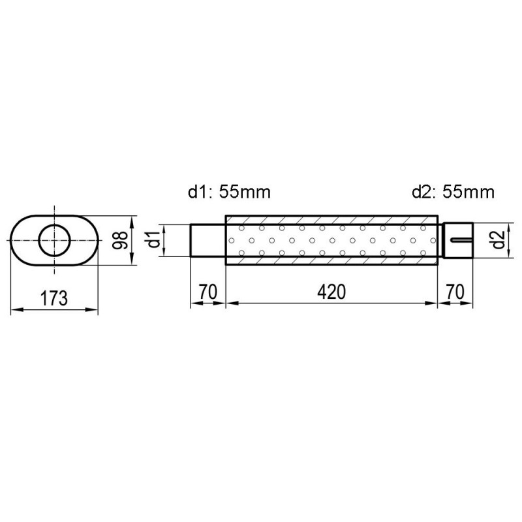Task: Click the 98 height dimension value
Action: point(119,240)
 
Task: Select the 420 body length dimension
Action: point(331,292)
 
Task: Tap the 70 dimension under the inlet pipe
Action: point(207,292)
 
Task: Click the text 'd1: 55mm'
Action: point(229,192)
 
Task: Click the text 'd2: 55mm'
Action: point(453,192)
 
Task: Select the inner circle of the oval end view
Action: point(55,240)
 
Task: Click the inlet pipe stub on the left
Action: point(207,240)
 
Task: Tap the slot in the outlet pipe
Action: point(459,240)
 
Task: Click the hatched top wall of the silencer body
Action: point(331,220)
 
